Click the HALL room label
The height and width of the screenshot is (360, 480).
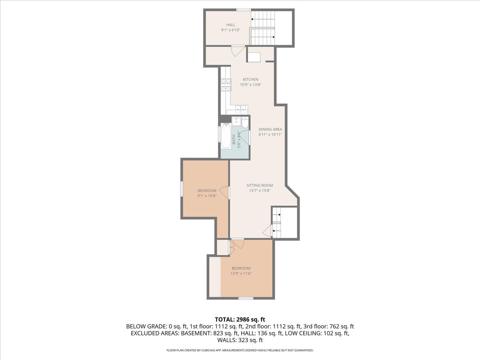231,25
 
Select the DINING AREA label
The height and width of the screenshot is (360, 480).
270,129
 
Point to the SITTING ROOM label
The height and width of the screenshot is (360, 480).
260,185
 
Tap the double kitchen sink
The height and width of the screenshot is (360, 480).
240,109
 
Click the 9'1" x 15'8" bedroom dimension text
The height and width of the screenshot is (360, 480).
207,196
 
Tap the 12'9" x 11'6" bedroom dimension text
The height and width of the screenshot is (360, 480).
241,274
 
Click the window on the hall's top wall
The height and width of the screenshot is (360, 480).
243,10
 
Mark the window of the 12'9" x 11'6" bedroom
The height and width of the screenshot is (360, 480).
245,298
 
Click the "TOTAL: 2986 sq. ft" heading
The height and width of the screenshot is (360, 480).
240,319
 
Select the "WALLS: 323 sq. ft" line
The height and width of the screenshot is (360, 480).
240,340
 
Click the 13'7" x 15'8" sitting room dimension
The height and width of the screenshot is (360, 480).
260,190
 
